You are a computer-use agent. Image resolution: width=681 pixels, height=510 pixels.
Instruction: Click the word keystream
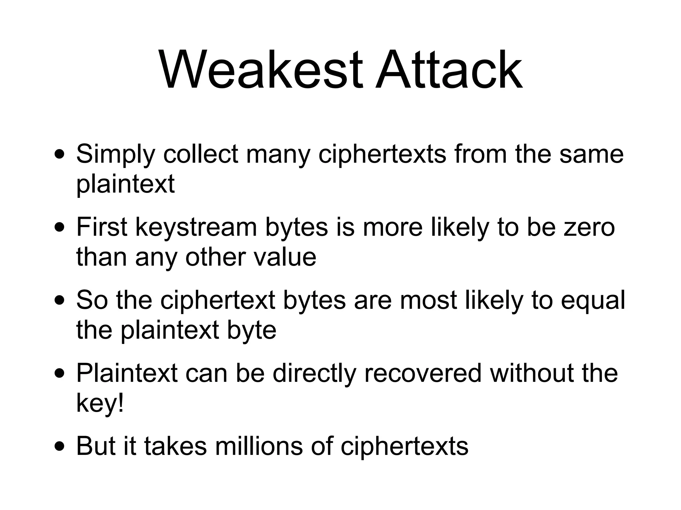(x=196, y=227)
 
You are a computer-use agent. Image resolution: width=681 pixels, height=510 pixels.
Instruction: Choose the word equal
(x=593, y=300)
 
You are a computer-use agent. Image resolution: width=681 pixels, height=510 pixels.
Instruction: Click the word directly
(x=314, y=374)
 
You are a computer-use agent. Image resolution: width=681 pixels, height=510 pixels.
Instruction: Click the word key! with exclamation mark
(x=100, y=403)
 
